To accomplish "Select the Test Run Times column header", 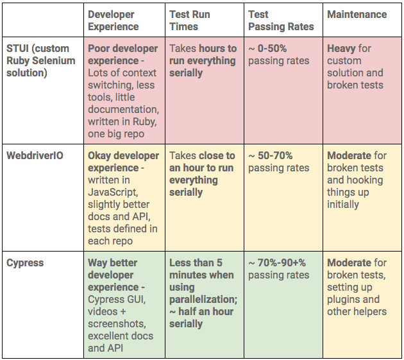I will pos(190,21).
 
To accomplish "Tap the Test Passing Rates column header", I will pos(281,21).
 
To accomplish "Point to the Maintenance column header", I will pos(357,14).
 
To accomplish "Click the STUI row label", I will pos(41,60).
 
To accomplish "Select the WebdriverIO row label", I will pos(35,156).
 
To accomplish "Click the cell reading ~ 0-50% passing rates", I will pos(278,55).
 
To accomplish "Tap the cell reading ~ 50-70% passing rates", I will pos(278,162).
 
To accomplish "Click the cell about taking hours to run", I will pos(203,60).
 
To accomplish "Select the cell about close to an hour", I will pos(202,174).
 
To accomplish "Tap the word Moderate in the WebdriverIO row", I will pos(349,156).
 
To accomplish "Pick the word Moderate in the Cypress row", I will pos(349,262).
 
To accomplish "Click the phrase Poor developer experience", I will pos(123,55).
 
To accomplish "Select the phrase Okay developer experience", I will pos(123,162).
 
